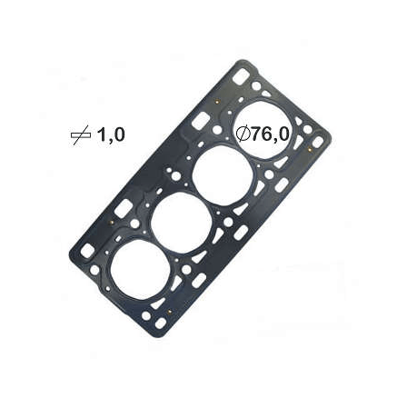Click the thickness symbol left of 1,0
click(81, 135)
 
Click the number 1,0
click(111, 135)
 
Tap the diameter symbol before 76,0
click(244, 134)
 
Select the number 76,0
click(270, 134)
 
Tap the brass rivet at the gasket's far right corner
click(310, 149)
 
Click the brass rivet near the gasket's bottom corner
click(169, 311)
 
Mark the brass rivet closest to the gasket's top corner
click(216, 102)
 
